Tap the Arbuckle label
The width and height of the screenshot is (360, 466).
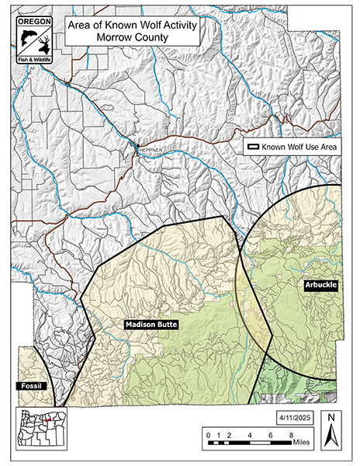click(320, 287)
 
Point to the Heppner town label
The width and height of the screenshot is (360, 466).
click(148, 153)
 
